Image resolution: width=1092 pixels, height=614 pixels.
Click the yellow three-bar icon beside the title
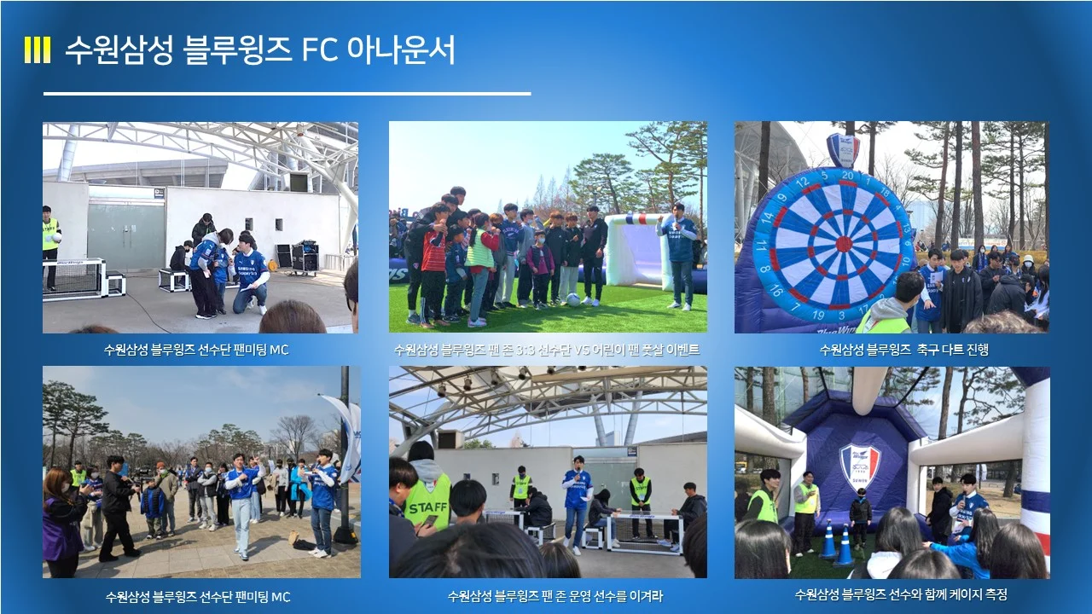pos(37,50)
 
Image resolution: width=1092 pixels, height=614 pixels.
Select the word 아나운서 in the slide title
pos(400,50)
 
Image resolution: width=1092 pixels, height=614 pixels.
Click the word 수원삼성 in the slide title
pos(119,50)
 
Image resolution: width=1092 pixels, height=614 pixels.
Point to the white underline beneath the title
pos(287,94)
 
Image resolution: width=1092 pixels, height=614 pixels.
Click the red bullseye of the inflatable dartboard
pos(843,244)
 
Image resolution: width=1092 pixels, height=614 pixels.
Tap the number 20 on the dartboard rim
pos(847,175)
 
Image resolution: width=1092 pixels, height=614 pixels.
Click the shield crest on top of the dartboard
pos(843,149)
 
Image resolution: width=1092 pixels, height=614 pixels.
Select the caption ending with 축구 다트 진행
pos(892,350)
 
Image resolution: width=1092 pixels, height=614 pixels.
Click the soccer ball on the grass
pos(574,300)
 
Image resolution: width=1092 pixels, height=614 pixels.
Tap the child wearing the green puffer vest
pos(479,264)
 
